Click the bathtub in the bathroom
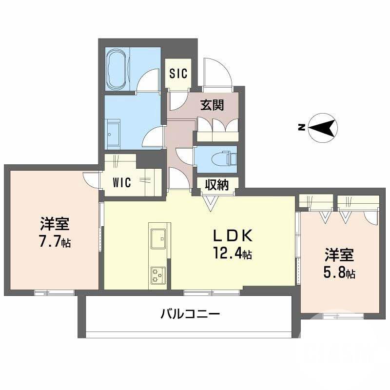click(117, 69)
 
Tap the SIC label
click(178, 74)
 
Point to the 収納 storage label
click(216, 185)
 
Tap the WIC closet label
click(122, 183)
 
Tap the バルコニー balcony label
click(190, 313)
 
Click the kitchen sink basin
click(158, 239)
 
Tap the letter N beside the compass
click(302, 128)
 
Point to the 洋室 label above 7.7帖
click(55, 224)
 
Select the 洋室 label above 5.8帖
click(340, 255)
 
